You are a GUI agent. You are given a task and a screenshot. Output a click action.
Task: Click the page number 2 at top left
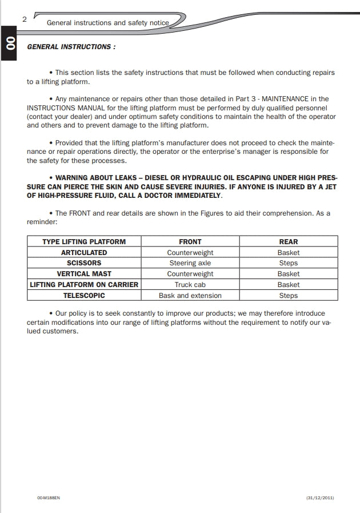[x=25, y=19]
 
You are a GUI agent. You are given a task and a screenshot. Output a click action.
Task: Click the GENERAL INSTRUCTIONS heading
[x=71, y=47]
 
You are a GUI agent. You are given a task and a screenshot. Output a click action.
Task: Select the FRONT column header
[x=190, y=241]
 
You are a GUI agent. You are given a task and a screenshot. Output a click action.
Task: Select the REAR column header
[x=289, y=241]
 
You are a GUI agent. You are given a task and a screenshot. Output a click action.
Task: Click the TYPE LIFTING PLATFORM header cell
[x=84, y=241]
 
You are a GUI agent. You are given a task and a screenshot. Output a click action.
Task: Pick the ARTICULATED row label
[x=84, y=252]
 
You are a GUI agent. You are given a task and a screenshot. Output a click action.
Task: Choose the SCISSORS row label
[x=84, y=263]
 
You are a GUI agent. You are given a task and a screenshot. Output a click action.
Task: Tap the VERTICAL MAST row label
[x=84, y=274]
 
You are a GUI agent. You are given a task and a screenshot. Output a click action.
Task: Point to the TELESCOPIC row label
[x=84, y=296]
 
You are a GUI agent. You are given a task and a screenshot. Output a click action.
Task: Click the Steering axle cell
[x=190, y=263]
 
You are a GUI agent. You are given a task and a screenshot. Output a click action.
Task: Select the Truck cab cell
[x=190, y=285]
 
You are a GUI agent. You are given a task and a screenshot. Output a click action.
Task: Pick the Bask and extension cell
[x=190, y=296]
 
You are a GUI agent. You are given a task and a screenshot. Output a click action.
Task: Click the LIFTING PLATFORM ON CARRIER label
[x=84, y=285]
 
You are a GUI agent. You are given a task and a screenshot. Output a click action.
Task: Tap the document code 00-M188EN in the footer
[x=49, y=498]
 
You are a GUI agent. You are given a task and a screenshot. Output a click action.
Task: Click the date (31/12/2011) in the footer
[x=320, y=498]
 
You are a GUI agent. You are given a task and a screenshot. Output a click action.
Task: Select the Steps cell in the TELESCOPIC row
[x=289, y=296]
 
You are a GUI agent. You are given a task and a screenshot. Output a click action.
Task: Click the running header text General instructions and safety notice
[x=107, y=23]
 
